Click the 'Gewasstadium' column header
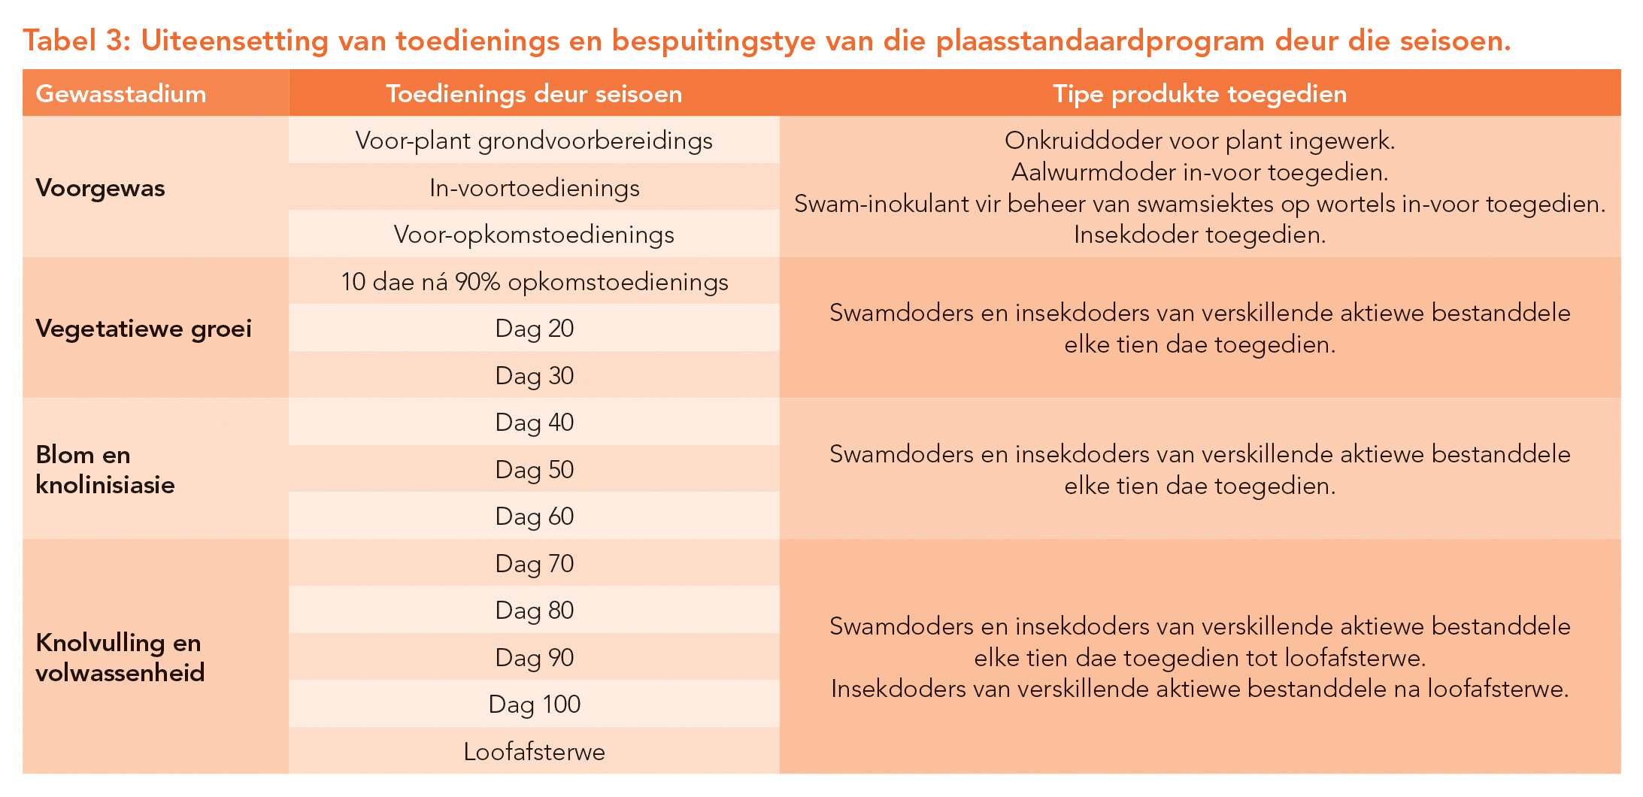tap(120, 94)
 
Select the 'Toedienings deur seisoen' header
tap(534, 94)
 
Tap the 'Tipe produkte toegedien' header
tap(1199, 94)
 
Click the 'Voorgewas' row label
tap(100, 188)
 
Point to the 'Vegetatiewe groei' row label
tap(144, 329)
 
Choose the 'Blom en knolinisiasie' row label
tap(105, 469)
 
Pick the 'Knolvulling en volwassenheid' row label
tap(120, 657)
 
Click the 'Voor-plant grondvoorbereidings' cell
tap(534, 141)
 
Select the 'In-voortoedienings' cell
tap(534, 188)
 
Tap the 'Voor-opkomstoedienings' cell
tap(534, 235)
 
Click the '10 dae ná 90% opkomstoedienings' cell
tap(534, 282)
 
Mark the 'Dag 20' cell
tap(534, 329)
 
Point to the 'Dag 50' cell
tap(534, 470)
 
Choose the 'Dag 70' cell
tap(534, 564)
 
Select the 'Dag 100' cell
tap(534, 705)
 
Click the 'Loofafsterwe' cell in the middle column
tap(534, 752)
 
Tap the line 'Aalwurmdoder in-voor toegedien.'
tap(1199, 172)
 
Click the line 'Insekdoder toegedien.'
tap(1199, 235)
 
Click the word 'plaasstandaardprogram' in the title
tap(1100, 41)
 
